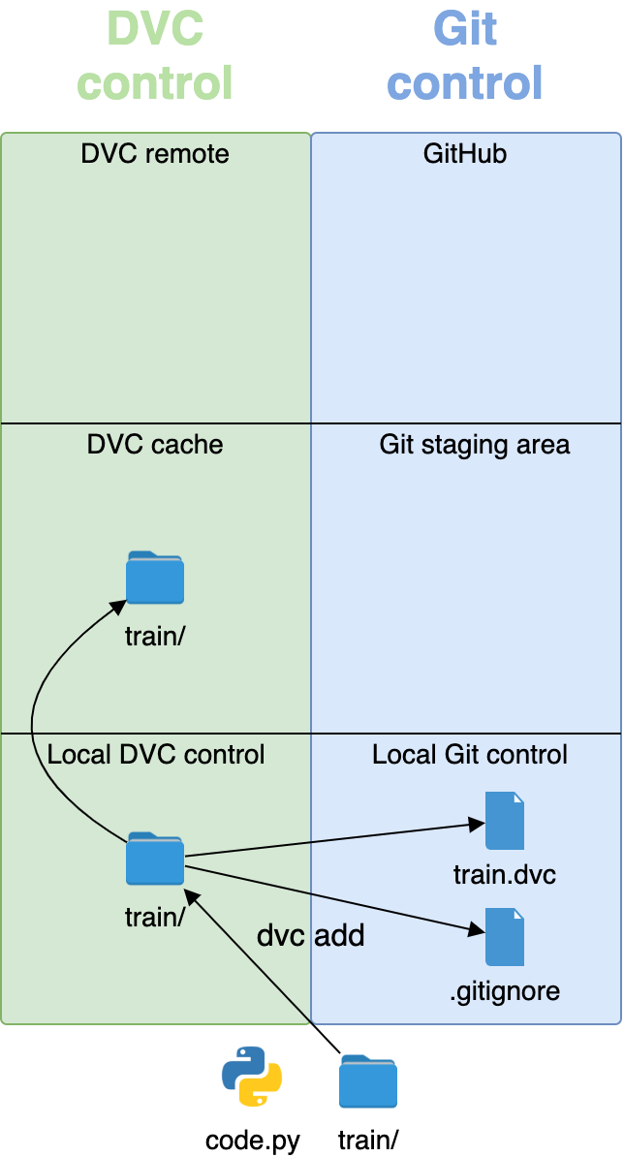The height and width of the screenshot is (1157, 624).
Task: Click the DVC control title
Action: [155, 55]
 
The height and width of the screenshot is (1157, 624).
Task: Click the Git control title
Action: [465, 55]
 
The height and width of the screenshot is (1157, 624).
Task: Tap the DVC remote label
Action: [155, 154]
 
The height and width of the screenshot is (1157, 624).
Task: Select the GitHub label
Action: [465, 154]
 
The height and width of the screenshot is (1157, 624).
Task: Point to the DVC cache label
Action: [155, 445]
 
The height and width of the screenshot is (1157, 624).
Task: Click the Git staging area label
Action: [474, 445]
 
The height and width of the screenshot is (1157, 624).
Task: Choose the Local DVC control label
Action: [156, 755]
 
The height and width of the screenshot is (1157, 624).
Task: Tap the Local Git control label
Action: [470, 755]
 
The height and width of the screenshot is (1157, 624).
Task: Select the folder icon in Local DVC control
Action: [155, 859]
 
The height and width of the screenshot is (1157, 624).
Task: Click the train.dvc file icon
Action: [504, 821]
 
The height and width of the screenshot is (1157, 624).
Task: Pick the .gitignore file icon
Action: [504, 936]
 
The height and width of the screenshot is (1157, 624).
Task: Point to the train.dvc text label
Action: [504, 875]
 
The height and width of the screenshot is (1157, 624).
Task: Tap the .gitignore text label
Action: [504, 991]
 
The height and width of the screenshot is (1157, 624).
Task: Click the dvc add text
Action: [310, 935]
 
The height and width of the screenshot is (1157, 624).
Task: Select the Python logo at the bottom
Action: [252, 1077]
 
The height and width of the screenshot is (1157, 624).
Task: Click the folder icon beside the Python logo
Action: [368, 1081]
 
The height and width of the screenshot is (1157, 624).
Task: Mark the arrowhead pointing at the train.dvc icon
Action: [476, 824]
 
